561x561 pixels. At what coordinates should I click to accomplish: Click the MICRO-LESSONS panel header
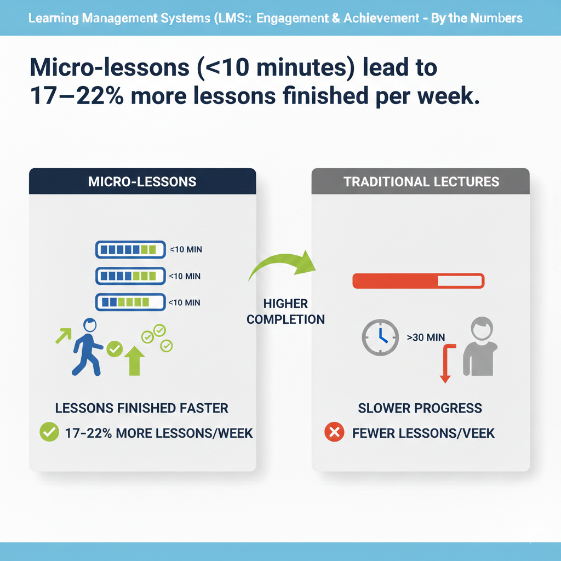[x=142, y=181]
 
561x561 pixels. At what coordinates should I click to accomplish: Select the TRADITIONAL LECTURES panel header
[x=421, y=181]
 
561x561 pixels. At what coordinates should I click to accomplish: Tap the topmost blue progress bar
[x=130, y=249]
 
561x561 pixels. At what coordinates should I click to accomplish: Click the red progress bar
[x=418, y=281]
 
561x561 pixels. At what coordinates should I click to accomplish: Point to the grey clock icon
[x=380, y=337]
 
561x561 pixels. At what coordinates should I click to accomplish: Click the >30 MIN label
[x=426, y=337]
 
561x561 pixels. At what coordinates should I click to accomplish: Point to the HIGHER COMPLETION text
[x=285, y=311]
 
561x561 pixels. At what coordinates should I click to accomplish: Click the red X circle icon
[x=334, y=433]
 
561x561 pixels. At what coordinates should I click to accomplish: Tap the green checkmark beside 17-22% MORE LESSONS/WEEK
[x=49, y=432]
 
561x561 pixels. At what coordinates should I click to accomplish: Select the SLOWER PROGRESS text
[x=420, y=408]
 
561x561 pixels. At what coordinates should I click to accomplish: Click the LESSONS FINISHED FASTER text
[x=142, y=408]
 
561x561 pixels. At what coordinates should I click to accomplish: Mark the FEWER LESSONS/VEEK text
[x=423, y=433]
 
